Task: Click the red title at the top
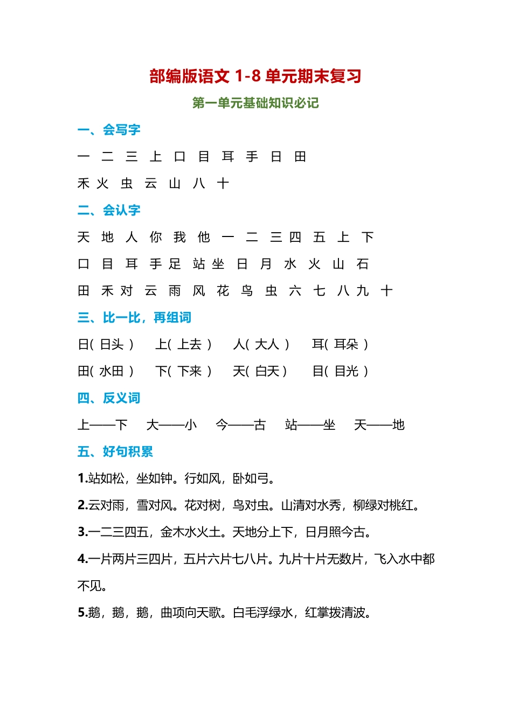(255, 76)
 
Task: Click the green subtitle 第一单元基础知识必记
(255, 103)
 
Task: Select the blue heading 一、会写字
(109, 130)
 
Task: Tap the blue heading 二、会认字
(109, 210)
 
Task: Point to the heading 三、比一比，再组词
(134, 317)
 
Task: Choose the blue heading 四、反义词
(109, 398)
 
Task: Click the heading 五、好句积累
(115, 451)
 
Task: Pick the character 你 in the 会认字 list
(156, 237)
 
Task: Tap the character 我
(179, 237)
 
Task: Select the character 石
(362, 264)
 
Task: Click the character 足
(175, 264)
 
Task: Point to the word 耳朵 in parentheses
(346, 344)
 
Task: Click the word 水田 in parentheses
(112, 371)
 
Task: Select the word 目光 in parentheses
(347, 371)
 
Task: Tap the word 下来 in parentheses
(190, 371)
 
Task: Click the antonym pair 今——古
(240, 425)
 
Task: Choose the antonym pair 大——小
(171, 425)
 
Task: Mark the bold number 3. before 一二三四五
(82, 532)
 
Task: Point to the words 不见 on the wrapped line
(89, 586)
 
